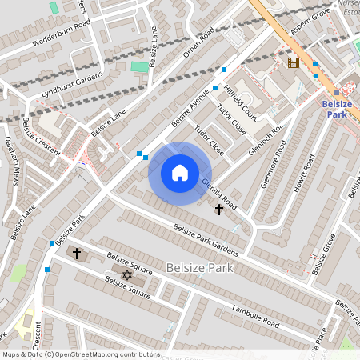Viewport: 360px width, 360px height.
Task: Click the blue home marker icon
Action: point(180,173)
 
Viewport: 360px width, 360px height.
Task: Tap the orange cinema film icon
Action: point(293,62)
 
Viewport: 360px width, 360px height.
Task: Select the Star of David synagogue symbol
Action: point(126,275)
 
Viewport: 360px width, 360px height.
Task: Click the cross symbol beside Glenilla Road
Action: point(219,209)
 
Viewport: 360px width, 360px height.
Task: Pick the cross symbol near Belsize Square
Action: point(77,254)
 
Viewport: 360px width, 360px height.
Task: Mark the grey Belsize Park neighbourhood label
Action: point(200,268)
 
